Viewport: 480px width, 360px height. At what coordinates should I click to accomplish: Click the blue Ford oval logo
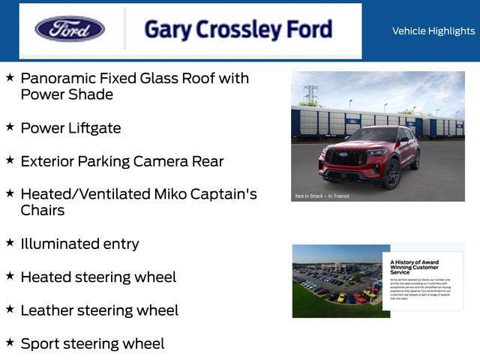coord(70,29)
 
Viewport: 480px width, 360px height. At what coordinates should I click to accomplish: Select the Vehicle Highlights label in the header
coord(433,31)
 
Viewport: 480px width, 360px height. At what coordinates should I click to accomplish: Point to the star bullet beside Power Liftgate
coord(10,127)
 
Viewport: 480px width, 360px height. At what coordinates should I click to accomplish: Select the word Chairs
coord(43,211)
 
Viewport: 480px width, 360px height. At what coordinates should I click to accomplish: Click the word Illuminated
coord(58,244)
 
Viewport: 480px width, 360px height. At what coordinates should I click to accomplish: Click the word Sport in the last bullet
coord(41,343)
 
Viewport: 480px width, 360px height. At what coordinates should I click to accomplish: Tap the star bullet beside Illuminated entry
coord(10,243)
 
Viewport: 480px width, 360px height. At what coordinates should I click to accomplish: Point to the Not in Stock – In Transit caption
coord(322,196)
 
